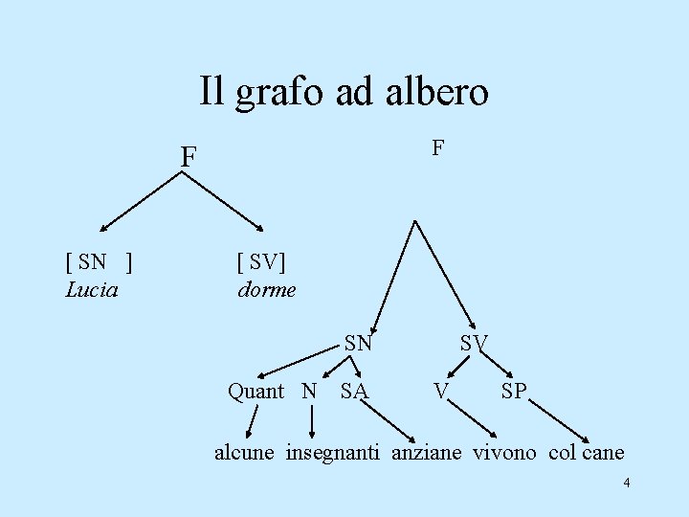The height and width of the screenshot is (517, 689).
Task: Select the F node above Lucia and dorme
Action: point(190,156)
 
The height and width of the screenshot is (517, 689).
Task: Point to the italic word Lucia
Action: point(92,288)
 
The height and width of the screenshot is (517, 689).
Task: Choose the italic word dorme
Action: point(267,288)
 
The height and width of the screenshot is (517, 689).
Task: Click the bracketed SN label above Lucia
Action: point(98,260)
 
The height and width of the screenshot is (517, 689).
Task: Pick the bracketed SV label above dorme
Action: point(261,260)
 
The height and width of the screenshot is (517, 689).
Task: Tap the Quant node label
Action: point(256,391)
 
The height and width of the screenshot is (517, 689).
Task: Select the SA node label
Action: point(354,391)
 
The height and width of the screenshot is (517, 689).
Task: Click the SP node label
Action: point(513,391)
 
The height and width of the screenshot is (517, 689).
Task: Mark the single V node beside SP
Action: point(441,391)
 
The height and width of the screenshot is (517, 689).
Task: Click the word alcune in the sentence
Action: point(244,452)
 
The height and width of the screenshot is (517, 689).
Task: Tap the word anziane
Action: point(427,452)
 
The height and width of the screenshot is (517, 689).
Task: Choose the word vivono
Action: point(505,452)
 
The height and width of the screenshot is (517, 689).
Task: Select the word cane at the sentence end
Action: point(603,452)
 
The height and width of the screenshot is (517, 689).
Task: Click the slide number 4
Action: point(626,483)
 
